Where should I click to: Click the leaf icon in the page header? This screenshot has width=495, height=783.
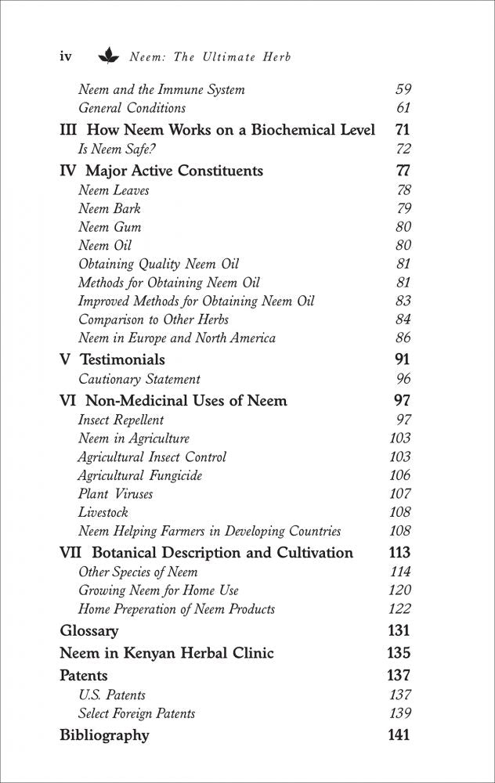click(x=107, y=56)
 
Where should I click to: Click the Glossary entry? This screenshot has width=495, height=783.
click(x=89, y=630)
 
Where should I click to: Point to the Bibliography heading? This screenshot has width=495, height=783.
click(x=104, y=735)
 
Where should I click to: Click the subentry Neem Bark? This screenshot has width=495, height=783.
click(x=110, y=209)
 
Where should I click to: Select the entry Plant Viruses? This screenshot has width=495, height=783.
click(x=116, y=494)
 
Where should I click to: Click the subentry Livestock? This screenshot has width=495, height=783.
click(x=103, y=513)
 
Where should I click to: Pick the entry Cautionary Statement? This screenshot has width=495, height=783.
click(x=139, y=380)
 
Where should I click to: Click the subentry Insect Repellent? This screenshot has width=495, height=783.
click(x=121, y=420)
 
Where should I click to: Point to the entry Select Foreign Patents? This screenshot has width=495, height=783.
click(x=137, y=713)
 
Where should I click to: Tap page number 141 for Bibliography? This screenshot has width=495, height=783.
click(x=398, y=735)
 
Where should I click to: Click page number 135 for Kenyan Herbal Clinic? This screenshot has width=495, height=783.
click(x=398, y=653)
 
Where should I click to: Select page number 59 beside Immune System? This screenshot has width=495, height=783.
click(x=403, y=89)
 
